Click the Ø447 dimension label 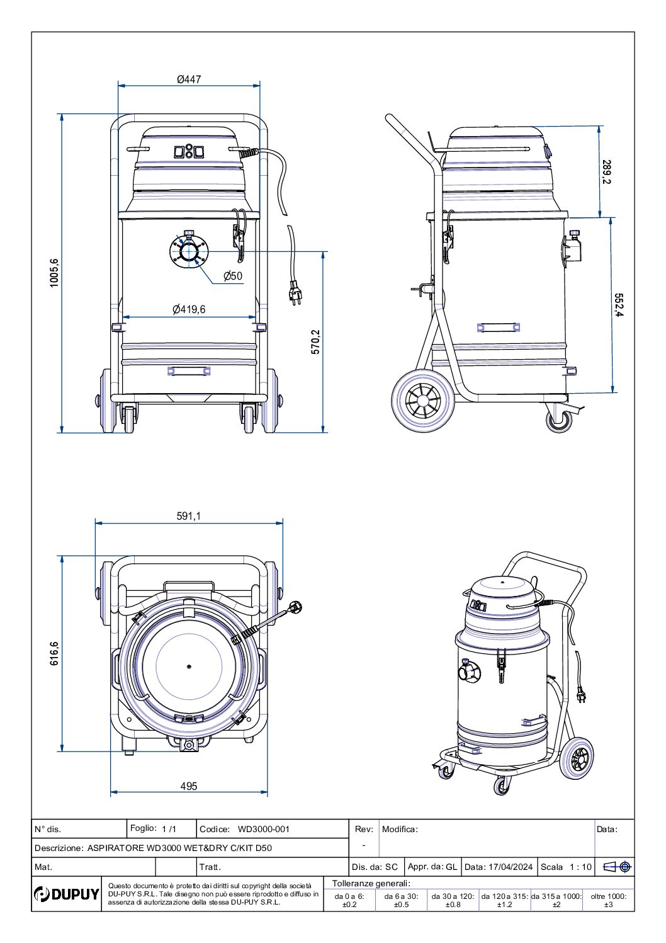pyautogui.click(x=189, y=79)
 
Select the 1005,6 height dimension pyautogui.click(x=55, y=273)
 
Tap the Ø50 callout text pyautogui.click(x=233, y=276)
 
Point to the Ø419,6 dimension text pyautogui.click(x=189, y=309)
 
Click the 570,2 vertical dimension pyautogui.click(x=315, y=342)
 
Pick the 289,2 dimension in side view pyautogui.click(x=606, y=172)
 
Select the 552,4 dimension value pyautogui.click(x=619, y=306)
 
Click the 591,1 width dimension pyautogui.click(x=189, y=516)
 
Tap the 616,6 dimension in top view pyautogui.click(x=55, y=653)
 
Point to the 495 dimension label pyautogui.click(x=189, y=786)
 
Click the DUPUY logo pyautogui.click(x=67, y=894)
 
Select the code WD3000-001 pyautogui.click(x=264, y=829)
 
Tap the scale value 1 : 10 pyautogui.click(x=580, y=867)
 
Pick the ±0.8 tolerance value pyautogui.click(x=453, y=905)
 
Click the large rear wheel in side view pyautogui.click(x=422, y=400)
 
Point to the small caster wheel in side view pyautogui.click(x=559, y=420)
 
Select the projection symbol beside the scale pyautogui.click(x=617, y=867)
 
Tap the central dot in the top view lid pyautogui.click(x=188, y=666)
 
